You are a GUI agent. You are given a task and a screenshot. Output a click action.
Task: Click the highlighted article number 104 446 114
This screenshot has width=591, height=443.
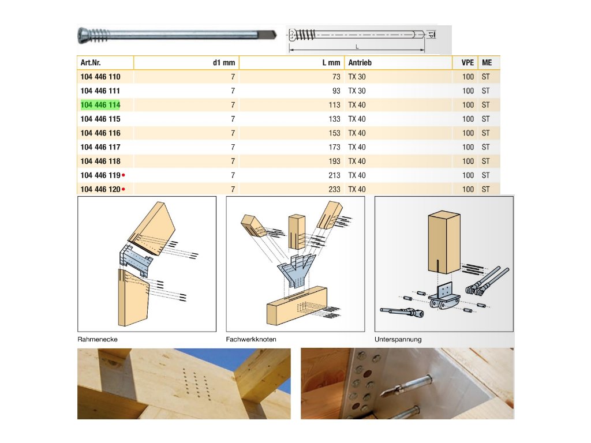pos(100,105)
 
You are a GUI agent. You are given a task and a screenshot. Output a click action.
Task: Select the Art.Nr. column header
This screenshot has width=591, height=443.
pos(91,62)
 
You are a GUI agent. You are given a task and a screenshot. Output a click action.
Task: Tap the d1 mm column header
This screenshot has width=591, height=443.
pos(224,62)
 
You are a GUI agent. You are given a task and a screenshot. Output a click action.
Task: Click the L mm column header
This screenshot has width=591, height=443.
pos(331,62)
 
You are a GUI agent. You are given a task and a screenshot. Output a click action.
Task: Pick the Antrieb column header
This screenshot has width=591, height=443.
pos(360,62)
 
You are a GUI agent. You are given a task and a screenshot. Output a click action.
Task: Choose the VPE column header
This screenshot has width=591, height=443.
pos(467,62)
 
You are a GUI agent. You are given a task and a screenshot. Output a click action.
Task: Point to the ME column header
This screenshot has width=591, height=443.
pos(487,62)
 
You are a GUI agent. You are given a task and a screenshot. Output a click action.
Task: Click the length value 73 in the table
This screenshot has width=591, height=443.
pos(336,77)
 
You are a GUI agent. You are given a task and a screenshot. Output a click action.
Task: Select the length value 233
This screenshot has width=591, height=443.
pos(334,189)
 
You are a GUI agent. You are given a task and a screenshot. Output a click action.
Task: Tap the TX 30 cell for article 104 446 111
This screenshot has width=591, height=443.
pos(357,91)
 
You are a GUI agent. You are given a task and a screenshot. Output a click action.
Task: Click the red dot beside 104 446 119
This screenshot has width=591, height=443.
pos(124,175)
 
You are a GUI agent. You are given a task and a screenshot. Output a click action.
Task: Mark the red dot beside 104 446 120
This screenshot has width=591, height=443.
pos(124,189)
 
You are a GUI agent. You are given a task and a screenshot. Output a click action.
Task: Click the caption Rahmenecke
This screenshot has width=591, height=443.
pos(98,339)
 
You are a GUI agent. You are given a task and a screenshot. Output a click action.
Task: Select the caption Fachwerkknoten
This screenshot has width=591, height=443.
pos(251,339)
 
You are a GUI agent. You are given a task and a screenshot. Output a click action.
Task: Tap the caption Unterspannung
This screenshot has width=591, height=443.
pos(398,339)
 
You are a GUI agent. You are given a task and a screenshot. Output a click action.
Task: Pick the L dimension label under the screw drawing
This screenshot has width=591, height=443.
pos(357,47)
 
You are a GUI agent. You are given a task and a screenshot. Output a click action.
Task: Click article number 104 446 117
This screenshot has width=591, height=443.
pos(100,147)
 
